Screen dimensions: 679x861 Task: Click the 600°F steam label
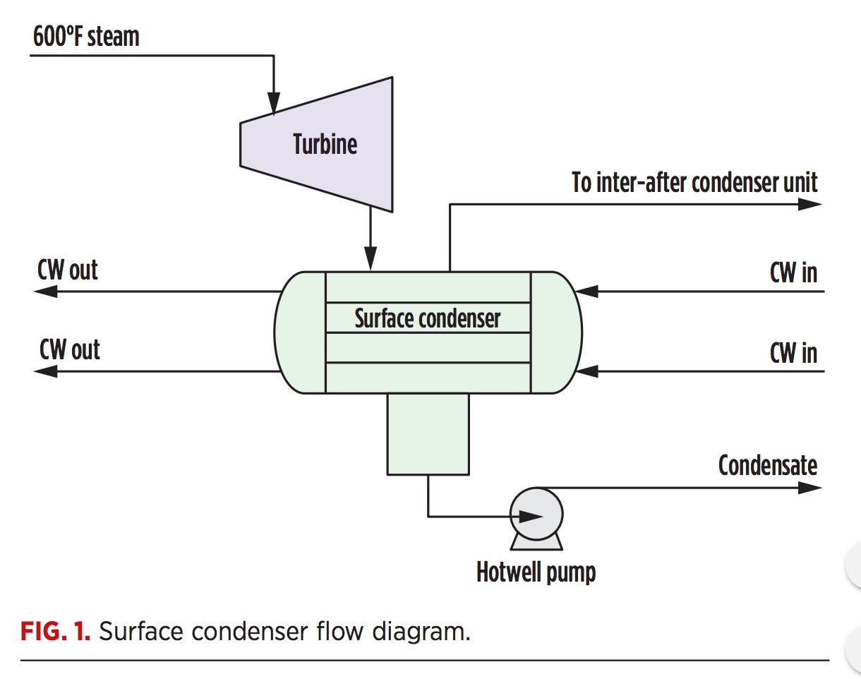[86, 37]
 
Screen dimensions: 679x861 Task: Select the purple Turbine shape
[325, 145]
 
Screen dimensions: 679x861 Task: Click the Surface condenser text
[427, 318]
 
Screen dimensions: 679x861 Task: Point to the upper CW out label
[68, 270]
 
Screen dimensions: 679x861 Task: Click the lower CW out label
[69, 349]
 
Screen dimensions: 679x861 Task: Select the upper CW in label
[793, 272]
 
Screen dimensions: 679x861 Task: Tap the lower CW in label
[793, 351]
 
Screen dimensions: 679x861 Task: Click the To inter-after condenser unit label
[694, 183]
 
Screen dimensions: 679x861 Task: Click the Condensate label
[767, 465]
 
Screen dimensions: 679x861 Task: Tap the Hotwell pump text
[536, 572]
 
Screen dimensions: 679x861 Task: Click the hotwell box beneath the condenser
[428, 433]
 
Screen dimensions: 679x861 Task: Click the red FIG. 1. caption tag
[55, 631]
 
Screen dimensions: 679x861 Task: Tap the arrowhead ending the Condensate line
[810, 487]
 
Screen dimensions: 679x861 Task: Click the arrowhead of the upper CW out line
[48, 291]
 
